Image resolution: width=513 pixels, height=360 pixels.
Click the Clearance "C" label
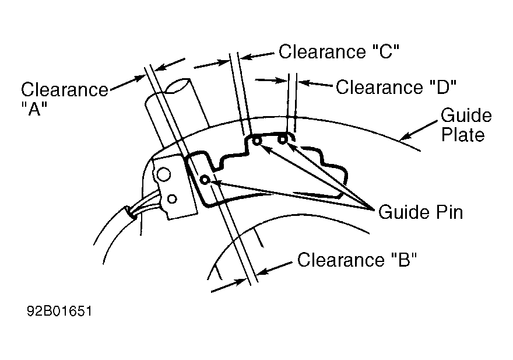tap(339, 52)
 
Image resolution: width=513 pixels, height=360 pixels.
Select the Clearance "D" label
tap(396, 87)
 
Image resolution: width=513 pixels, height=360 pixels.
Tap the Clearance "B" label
tap(357, 260)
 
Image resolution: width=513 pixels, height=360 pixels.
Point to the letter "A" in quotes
tap(34, 109)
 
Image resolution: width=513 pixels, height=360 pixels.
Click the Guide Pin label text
tap(420, 212)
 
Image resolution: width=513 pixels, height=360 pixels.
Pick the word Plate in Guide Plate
tap(463, 135)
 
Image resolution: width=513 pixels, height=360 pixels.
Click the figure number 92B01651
tap(59, 311)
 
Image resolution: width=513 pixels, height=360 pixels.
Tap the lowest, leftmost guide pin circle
tap(205, 180)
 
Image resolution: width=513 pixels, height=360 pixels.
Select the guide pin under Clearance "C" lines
tap(257, 141)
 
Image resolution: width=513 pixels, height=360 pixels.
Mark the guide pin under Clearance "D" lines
tap(282, 140)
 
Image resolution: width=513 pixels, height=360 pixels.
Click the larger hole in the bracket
tap(164, 174)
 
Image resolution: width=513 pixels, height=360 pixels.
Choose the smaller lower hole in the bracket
tap(172, 199)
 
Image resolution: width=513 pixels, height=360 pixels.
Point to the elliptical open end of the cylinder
tap(178, 85)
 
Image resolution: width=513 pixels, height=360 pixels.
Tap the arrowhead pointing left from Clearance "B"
tap(262, 271)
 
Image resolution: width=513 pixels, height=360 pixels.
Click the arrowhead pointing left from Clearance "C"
tap(246, 57)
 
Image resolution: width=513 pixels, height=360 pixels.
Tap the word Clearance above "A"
tap(65, 89)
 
